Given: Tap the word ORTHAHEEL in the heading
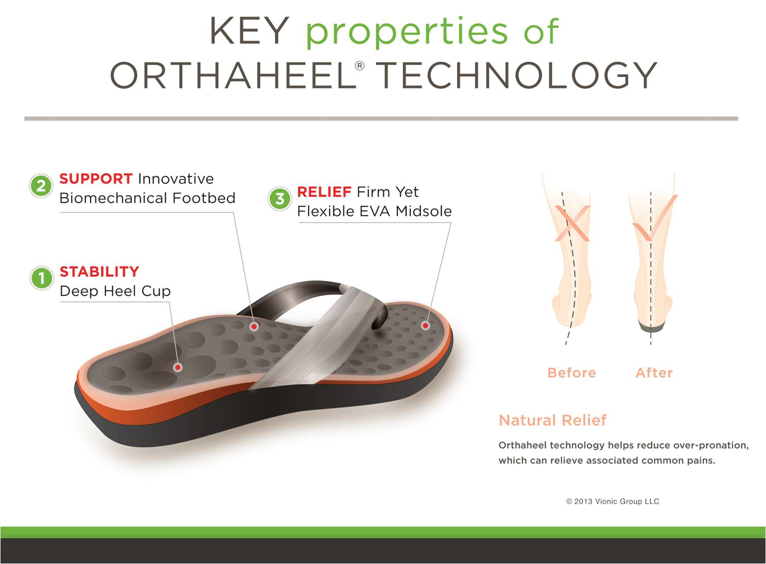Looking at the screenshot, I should (232, 76).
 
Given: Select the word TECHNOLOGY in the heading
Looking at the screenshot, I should (516, 76).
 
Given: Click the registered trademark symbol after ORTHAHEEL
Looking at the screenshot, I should (360, 66).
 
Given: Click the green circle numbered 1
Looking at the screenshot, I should (41, 278).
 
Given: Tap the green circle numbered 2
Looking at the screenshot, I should (41, 185).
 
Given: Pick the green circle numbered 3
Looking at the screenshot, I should (279, 199).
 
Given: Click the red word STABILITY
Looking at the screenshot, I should (99, 272).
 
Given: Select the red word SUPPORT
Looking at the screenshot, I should (96, 179).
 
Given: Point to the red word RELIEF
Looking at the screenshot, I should (324, 192).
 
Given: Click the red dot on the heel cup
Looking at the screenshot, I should (177, 367).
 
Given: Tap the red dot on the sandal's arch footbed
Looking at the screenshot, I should (254, 326).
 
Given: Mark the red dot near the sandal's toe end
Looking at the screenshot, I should (425, 325).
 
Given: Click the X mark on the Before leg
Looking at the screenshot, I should (572, 223).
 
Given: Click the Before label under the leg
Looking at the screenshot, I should (571, 373).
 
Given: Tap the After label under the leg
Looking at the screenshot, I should (654, 373).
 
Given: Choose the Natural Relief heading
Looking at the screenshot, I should (552, 420).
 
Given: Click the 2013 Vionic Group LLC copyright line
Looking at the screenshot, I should (612, 501).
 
